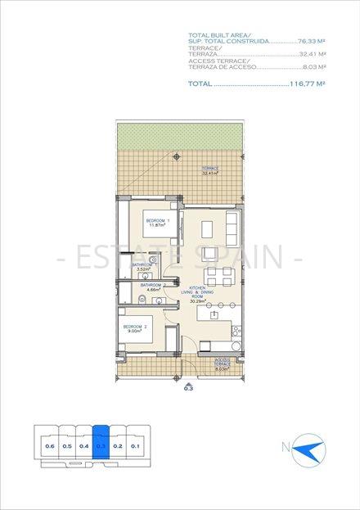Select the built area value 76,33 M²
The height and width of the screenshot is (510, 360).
point(312,41)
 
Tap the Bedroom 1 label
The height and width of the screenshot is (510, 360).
point(157,222)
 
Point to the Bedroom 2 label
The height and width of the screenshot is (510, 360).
point(135,328)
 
